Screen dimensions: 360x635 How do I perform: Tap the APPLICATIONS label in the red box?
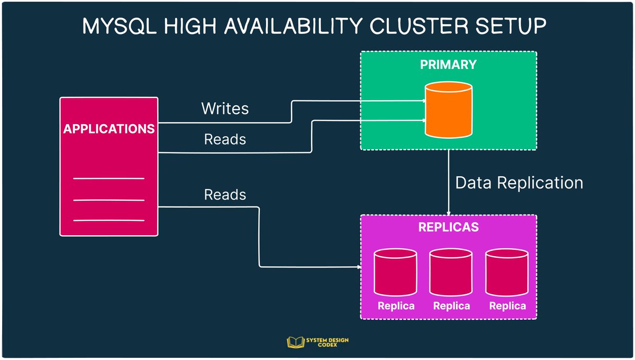(109, 129)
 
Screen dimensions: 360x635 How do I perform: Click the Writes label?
(225, 109)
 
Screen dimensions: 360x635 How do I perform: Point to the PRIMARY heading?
(448, 65)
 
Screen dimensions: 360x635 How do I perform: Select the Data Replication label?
(519, 183)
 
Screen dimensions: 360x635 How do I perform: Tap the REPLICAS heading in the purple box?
(448, 227)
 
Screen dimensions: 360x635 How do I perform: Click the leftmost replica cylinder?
(395, 273)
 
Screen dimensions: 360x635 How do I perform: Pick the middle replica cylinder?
(450, 273)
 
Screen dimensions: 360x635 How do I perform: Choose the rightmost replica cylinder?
(507, 273)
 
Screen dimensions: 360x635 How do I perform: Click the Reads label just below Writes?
(225, 139)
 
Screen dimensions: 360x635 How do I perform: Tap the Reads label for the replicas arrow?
(225, 195)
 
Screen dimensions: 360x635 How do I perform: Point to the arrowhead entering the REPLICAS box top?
(449, 212)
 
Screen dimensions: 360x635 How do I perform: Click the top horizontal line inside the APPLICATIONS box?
(108, 178)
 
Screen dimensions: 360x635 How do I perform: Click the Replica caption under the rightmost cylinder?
(507, 306)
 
